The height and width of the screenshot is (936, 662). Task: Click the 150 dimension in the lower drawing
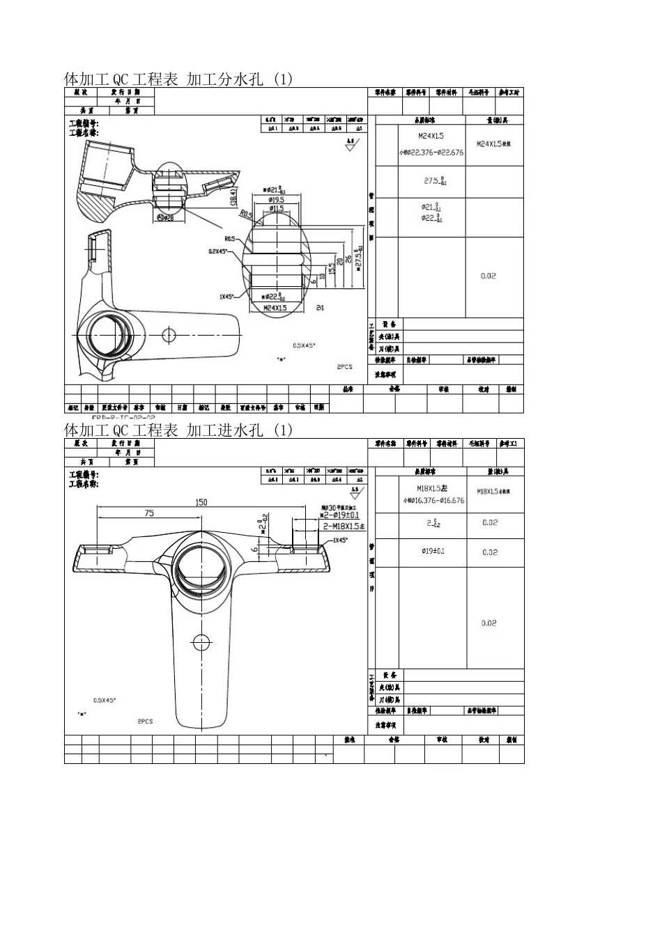[201, 502]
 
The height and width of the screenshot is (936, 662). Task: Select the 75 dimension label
[149, 513]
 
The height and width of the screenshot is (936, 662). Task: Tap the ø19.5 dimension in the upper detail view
[277, 200]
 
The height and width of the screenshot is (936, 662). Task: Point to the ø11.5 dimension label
[277, 208]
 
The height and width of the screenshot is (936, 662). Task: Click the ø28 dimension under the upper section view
[166, 219]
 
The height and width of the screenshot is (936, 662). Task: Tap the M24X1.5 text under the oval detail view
[275, 307]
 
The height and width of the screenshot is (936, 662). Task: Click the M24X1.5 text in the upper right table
[431, 136]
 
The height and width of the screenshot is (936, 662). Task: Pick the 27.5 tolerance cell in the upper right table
[436, 181]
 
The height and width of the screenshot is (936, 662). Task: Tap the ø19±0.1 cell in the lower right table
[433, 552]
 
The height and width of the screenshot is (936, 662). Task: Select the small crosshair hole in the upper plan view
[169, 335]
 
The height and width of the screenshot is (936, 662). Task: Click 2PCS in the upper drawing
[344, 366]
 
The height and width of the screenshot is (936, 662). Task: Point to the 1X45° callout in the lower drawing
[339, 540]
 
